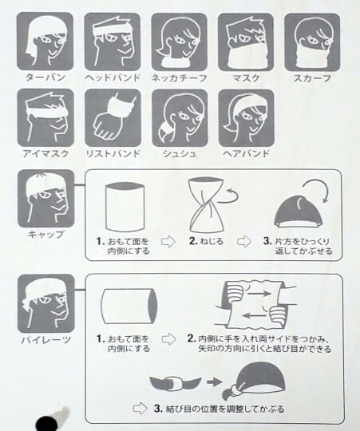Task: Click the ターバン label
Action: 45,77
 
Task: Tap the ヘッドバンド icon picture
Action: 113,42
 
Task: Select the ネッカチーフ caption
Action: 179,78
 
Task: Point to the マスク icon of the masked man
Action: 246,42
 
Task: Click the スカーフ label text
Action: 312,78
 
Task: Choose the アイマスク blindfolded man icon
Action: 45,117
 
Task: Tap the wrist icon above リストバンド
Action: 113,117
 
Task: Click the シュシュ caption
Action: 180,154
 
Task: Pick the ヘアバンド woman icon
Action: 246,118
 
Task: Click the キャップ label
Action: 45,235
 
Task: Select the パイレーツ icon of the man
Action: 45,303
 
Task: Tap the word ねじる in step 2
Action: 212,241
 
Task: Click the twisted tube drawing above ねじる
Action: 206,205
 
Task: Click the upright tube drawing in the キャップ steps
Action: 125,208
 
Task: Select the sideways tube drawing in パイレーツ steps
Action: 129,306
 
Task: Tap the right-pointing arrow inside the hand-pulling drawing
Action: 260,294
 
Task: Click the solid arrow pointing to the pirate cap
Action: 215,382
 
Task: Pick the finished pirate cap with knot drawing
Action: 254,382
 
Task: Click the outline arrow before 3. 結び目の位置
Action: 140,409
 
